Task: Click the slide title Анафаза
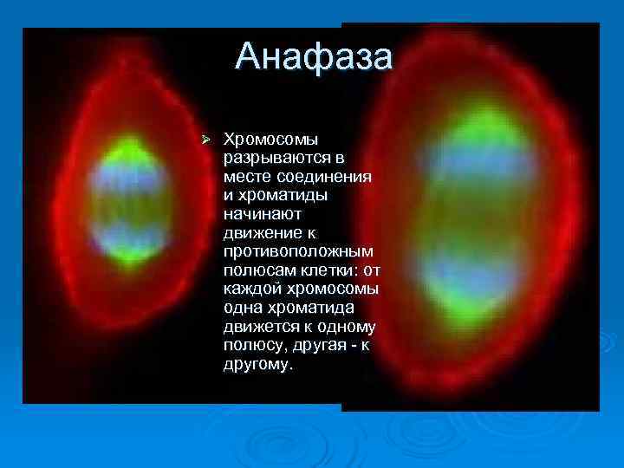pyautogui.click(x=314, y=57)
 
